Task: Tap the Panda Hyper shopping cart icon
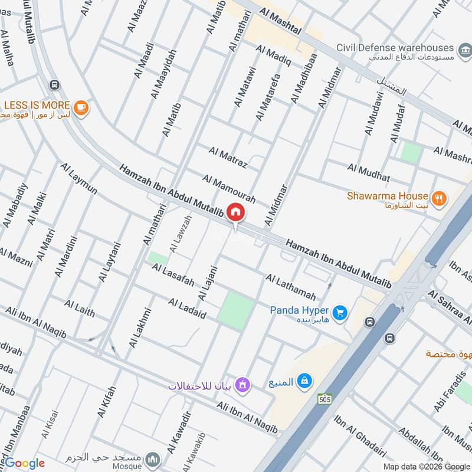[x=339, y=313]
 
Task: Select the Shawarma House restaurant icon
[x=438, y=198]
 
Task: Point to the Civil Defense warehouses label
[x=404, y=48]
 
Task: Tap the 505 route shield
[x=324, y=399]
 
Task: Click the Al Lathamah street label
[x=290, y=287]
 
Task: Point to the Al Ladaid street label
[x=187, y=309]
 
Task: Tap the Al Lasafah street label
[x=172, y=276]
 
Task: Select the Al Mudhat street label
[x=369, y=173]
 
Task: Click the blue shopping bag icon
[x=304, y=381]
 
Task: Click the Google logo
[x=25, y=463]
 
